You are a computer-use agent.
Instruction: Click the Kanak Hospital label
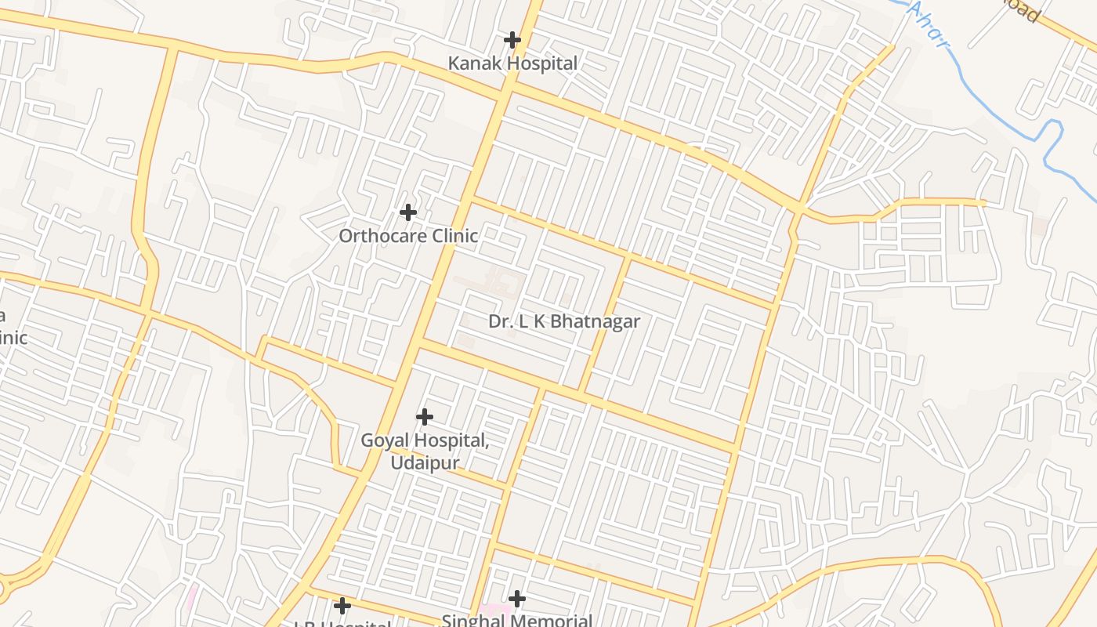pyautogui.click(x=512, y=63)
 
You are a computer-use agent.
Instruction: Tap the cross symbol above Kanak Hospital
pyautogui.click(x=512, y=39)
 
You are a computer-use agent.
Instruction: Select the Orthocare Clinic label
pyautogui.click(x=408, y=235)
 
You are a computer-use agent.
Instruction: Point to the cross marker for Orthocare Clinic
pyautogui.click(x=407, y=212)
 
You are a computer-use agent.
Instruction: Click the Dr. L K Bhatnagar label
pyautogui.click(x=564, y=321)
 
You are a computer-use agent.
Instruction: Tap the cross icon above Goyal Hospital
pyautogui.click(x=424, y=416)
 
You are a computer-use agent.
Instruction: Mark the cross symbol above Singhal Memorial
pyautogui.click(x=516, y=599)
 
